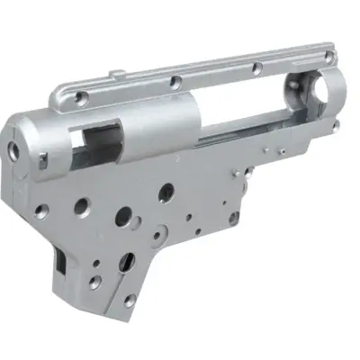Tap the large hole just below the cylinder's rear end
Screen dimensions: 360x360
(166, 192)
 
